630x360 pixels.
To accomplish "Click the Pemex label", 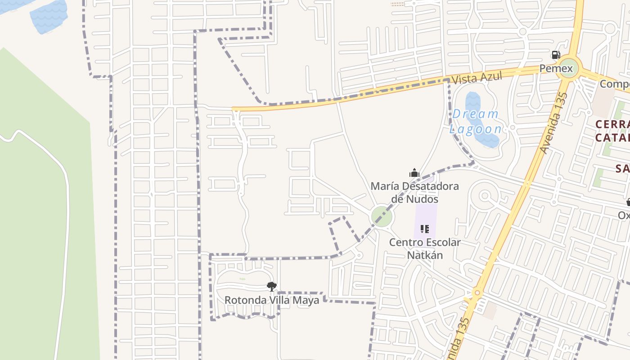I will coord(556,68).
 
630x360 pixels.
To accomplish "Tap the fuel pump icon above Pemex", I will coord(556,55).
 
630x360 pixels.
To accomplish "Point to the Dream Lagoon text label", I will coord(476,121).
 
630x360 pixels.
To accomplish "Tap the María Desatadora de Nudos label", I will coord(414,192).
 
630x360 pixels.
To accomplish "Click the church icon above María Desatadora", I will coord(414,173).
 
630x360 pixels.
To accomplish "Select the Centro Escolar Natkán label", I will coord(424,248).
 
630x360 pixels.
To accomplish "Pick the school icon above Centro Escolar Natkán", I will coord(424,229).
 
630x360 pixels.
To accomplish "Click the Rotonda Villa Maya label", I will coord(272,300).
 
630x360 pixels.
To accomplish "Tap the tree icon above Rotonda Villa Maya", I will coord(271,286).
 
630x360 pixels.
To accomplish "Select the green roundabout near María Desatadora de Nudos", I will coord(382,217).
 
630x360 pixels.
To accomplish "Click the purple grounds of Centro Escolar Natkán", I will coord(426,216).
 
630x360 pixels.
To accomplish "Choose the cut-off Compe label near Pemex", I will coord(615,84).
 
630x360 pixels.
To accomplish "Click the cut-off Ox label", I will coord(624,215).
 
